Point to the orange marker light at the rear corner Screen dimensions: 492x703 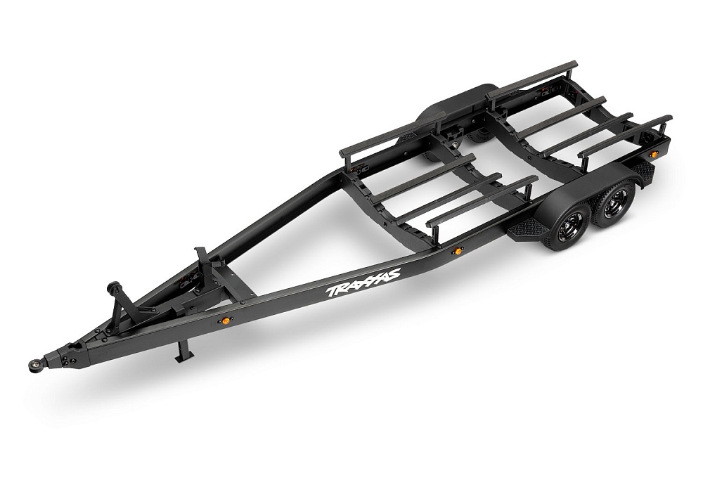[654, 154]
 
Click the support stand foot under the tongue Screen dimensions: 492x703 [183, 357]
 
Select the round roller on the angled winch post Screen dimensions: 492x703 [112, 287]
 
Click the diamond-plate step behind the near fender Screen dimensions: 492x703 [645, 174]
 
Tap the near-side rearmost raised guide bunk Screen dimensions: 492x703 [624, 135]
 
